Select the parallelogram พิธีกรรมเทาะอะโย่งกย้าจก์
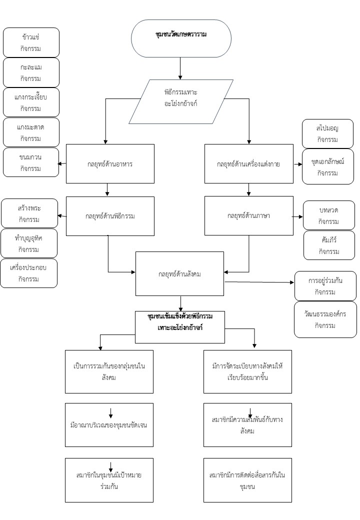click(x=181, y=101)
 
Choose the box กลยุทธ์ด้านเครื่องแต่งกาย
click(x=248, y=163)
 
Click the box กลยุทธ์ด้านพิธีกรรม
click(x=110, y=216)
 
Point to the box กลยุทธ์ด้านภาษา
click(x=248, y=215)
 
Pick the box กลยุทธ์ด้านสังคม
click(x=179, y=273)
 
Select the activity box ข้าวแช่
click(x=31, y=42)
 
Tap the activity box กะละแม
click(x=31, y=72)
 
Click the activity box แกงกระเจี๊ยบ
click(x=31, y=102)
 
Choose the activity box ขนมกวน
click(x=31, y=162)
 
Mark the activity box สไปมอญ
click(x=327, y=134)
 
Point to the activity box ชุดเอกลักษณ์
click(x=327, y=167)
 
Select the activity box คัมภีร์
click(x=328, y=245)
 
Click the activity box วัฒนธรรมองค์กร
click(x=325, y=319)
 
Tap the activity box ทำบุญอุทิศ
click(x=28, y=243)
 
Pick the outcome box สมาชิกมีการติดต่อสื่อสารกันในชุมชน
click(x=247, y=480)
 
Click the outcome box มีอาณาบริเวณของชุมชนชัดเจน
click(x=109, y=425)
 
